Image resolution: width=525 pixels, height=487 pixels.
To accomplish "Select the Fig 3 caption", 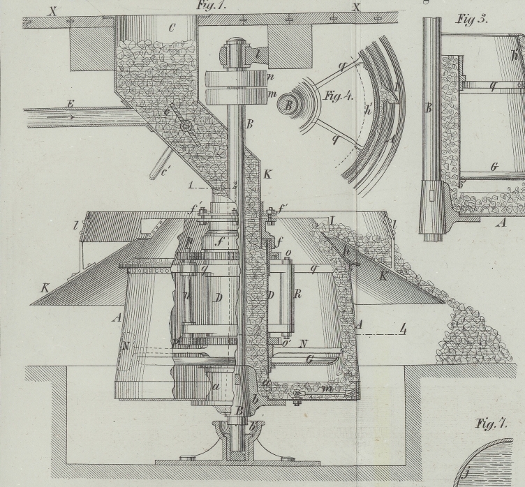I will coord(472,20).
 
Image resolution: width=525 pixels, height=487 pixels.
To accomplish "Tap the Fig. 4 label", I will coord(339,96).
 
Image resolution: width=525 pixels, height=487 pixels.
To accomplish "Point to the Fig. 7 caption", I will coord(490,424).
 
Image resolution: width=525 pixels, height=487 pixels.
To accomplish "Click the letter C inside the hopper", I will coord(172,28).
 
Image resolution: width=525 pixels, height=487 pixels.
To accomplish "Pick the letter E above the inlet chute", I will coord(70,103).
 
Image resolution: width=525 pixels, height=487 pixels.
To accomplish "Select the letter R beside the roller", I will coord(297,294).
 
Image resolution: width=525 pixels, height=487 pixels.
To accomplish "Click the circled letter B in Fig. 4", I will coord(286,105).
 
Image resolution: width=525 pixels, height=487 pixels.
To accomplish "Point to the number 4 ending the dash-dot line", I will coord(403,329).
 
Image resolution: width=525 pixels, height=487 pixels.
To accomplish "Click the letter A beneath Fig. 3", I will coord(500,223).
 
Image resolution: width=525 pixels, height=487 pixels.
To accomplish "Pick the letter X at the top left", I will coord(52,10).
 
